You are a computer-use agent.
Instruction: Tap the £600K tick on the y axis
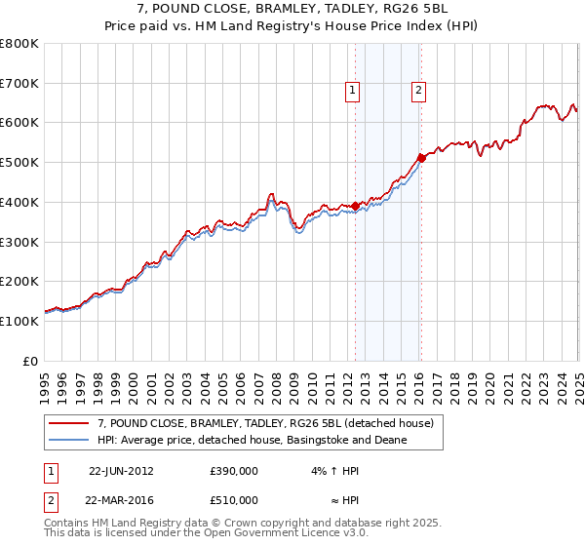click(20, 123)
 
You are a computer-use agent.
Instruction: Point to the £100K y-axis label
click(20, 321)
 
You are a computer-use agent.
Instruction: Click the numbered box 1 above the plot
click(352, 92)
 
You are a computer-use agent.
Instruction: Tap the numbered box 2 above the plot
click(418, 92)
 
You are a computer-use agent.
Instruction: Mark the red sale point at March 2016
click(421, 157)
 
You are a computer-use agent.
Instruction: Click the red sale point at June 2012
click(355, 205)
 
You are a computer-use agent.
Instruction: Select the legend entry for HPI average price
click(252, 440)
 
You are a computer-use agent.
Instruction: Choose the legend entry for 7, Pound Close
click(271, 422)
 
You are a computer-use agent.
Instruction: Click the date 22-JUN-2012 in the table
click(121, 470)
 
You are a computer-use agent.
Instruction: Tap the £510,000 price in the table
click(234, 500)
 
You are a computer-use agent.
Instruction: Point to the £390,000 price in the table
click(234, 470)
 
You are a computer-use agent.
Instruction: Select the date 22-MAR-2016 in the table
click(121, 500)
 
